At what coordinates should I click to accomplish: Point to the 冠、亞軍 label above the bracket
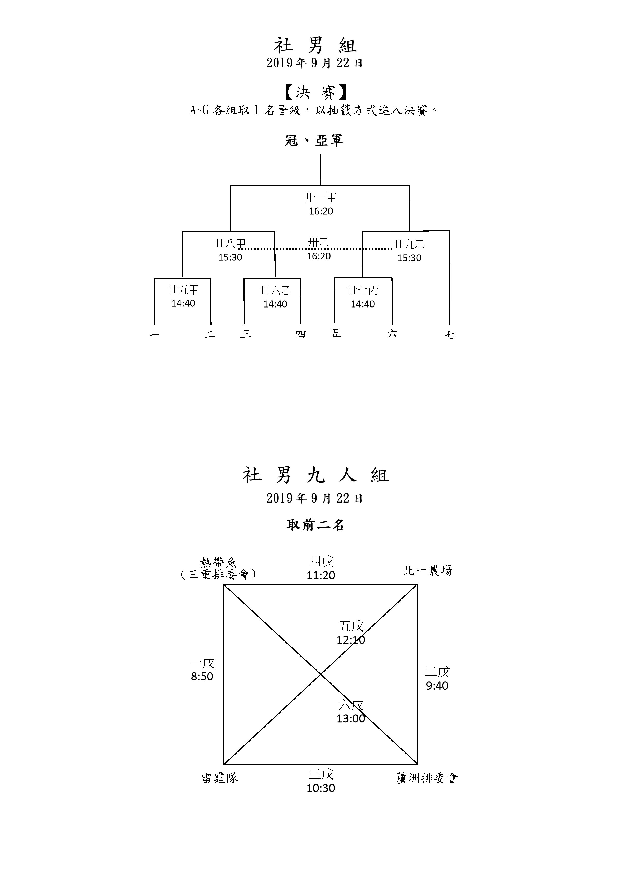pyautogui.click(x=314, y=141)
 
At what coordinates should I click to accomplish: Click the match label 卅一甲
pyautogui.click(x=321, y=198)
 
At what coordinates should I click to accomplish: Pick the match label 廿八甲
pyautogui.click(x=230, y=243)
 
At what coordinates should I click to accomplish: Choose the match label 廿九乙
pyautogui.click(x=409, y=244)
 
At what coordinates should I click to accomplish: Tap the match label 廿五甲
pyautogui.click(x=183, y=289)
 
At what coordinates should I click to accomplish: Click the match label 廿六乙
pyautogui.click(x=275, y=290)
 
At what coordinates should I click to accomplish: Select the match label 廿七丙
pyautogui.click(x=363, y=290)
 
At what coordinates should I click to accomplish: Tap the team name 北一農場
pyautogui.click(x=428, y=570)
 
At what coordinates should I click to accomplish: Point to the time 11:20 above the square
pyautogui.click(x=321, y=575)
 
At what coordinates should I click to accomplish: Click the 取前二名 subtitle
pyautogui.click(x=315, y=525)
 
